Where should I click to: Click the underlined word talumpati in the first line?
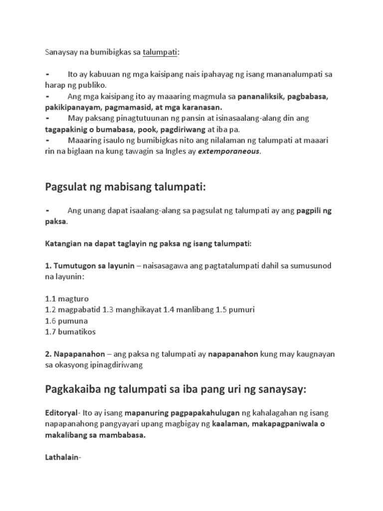coord(161,52)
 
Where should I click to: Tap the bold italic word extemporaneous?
coord(229,152)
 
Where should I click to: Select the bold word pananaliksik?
coord(262,96)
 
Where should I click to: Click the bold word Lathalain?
coord(62,457)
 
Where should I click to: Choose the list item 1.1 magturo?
coord(67,299)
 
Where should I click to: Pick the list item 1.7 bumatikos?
coord(70,331)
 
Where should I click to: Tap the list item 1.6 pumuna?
coord(66,320)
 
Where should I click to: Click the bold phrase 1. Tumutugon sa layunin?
coord(90,266)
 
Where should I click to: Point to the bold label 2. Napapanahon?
coord(75,354)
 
